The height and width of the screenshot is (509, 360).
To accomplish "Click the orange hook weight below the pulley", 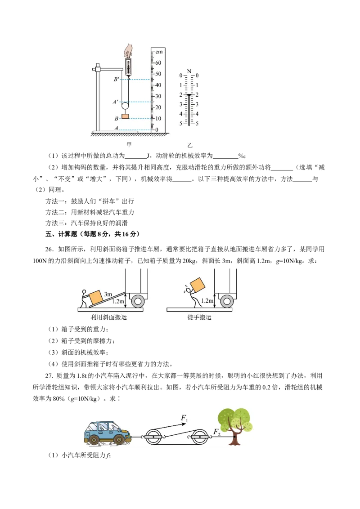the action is pos(125,116).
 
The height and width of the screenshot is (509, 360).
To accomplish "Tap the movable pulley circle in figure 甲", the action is pos(126,106).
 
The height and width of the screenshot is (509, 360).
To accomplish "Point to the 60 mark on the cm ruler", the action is pos(158,63).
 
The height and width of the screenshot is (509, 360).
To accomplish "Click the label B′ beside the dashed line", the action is pos(117,79).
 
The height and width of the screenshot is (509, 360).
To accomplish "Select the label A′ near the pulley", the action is pos(116,102).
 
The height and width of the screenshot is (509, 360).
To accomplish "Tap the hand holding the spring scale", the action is pos(128,51).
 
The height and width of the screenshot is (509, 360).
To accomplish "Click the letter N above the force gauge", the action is pos(189,71).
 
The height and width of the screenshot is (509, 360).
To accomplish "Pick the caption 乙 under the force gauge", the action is pos(190,145).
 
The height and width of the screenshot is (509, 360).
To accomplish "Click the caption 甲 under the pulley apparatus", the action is pos(129,144).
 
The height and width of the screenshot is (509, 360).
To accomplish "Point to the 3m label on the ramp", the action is pos(108,294).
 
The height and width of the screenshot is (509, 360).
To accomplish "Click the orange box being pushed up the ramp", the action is pos(95,297).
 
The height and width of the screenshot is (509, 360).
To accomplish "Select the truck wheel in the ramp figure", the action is pos(138,301).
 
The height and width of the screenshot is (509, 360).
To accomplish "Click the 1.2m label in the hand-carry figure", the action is pos(207,301).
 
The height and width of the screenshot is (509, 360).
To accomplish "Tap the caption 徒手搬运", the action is pos(199,317).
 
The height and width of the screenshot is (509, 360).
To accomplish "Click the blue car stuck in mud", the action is pos(108,433).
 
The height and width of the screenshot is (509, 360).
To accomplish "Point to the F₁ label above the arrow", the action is pos(184,418).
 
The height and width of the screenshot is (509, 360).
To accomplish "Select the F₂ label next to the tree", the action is pos(217,432).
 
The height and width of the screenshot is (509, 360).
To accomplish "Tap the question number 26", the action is pos(49,249).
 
